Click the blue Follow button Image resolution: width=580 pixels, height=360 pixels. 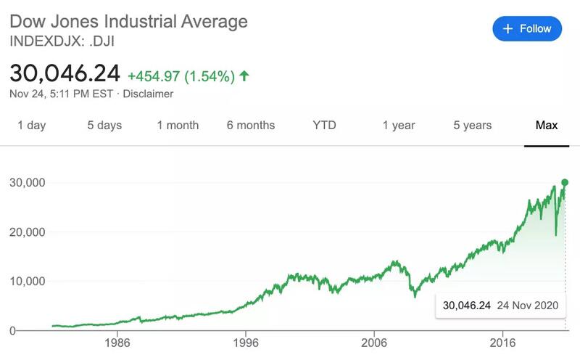point(528,29)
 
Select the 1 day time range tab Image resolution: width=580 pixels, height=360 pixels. point(31,126)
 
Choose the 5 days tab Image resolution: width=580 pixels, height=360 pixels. point(104,126)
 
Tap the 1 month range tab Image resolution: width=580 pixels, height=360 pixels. point(178,126)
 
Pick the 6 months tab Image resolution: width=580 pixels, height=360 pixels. point(251,126)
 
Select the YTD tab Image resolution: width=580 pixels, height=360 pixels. point(325,126)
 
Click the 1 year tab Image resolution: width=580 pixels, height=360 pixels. point(399,126)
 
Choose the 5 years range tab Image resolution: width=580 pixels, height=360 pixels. point(473,126)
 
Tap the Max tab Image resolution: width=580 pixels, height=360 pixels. point(546,126)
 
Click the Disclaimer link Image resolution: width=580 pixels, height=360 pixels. point(149,94)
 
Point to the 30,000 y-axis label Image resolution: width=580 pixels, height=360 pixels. point(27,182)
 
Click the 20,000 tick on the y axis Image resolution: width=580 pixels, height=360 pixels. point(27,232)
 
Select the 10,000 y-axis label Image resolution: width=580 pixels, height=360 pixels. point(27,282)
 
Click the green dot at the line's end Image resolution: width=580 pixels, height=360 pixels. point(565,182)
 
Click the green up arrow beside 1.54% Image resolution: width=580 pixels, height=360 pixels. point(244,75)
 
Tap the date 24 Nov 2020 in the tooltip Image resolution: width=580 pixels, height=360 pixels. point(528,306)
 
